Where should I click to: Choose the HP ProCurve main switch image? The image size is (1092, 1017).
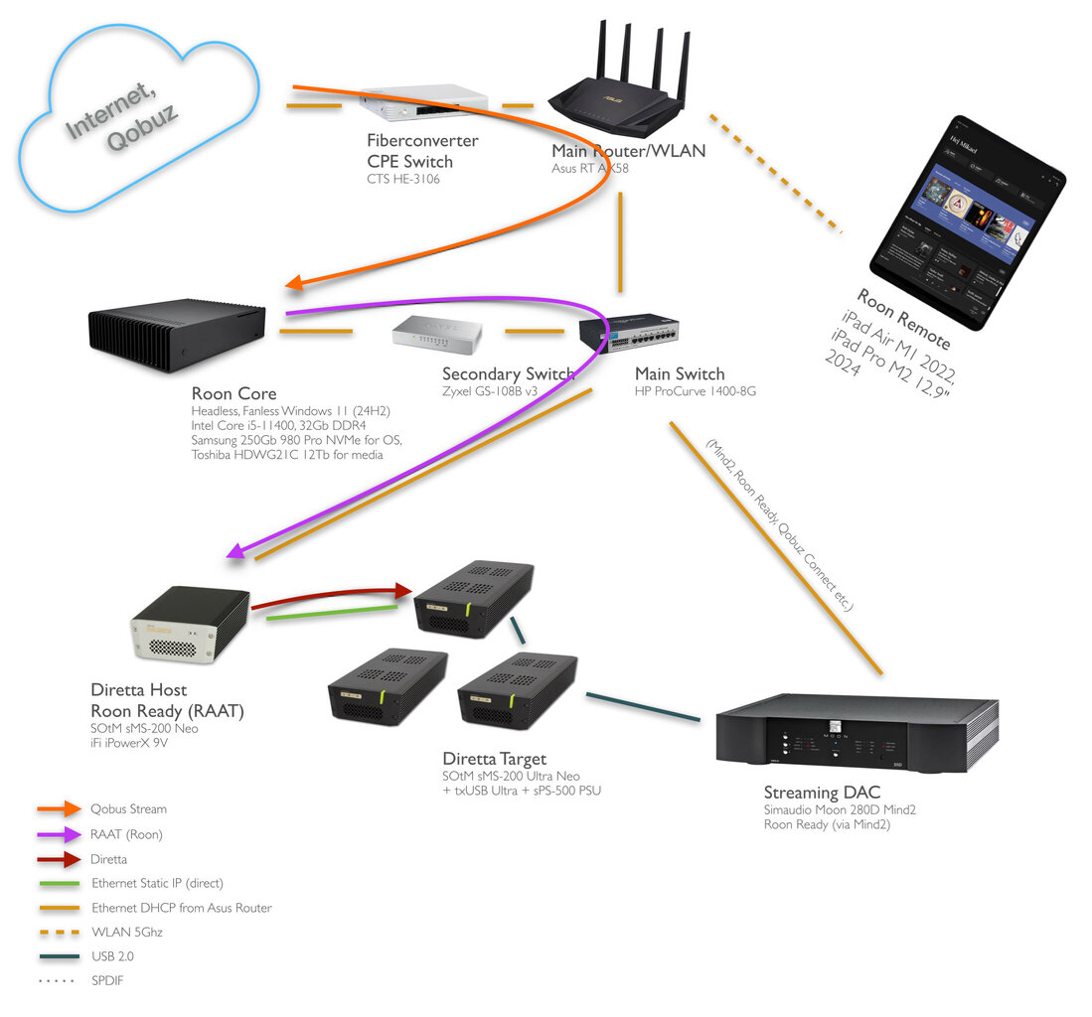[642, 332]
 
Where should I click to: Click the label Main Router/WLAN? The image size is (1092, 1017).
[628, 151]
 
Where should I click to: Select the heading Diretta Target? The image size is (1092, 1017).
[494, 760]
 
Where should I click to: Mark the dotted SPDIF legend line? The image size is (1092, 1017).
[58, 981]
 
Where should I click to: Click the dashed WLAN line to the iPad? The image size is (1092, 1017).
[775, 174]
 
